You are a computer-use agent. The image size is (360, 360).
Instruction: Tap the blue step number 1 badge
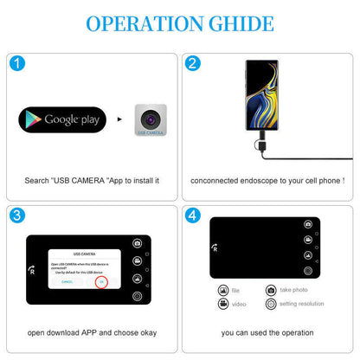point(18,63)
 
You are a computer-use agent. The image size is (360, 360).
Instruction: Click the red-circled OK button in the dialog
point(100,282)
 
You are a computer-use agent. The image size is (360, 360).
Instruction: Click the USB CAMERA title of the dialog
point(84,254)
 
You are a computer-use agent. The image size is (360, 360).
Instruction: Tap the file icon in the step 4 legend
point(222,290)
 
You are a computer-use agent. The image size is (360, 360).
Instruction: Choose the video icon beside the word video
point(222,305)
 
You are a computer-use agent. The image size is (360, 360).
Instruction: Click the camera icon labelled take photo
point(271,290)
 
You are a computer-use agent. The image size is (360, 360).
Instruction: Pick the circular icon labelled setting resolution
point(271,305)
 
